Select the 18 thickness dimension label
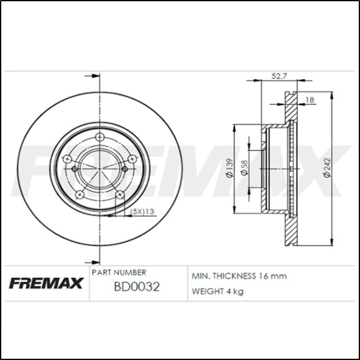click(309, 98)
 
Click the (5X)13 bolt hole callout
click(142, 213)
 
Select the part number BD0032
click(136, 287)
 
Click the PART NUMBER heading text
click(119, 272)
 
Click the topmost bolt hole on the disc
click(99, 139)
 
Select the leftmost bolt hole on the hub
click(75, 168)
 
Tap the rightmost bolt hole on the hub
click(124, 168)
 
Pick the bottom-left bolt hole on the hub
click(80, 195)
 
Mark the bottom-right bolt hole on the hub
click(119, 195)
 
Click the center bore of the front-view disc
click(99, 168)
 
